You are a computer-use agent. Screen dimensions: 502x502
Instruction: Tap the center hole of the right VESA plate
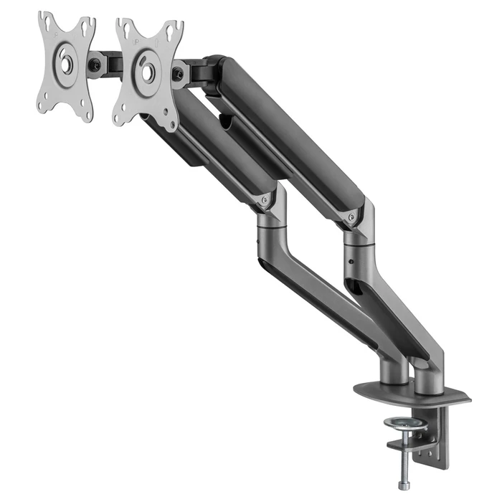pyautogui.click(x=148, y=72)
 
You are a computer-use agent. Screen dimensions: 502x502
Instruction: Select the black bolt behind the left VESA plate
pyautogui.click(x=95, y=64)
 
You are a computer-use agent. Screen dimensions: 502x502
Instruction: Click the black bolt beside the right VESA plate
pyautogui.click(x=178, y=74)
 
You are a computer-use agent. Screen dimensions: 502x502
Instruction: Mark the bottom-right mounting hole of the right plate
pyautogui.click(x=172, y=120)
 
